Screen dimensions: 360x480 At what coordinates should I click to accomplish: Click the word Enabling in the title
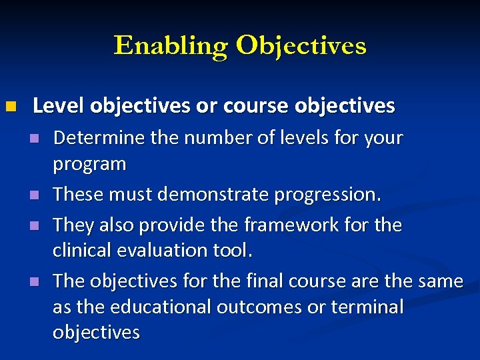pyautogui.click(x=171, y=45)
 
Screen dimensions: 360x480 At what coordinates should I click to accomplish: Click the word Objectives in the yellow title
pyautogui.click(x=301, y=45)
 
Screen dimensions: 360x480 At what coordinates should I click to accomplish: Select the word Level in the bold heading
pyautogui.click(x=58, y=105)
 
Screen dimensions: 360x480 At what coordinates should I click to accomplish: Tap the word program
pyautogui.click(x=89, y=164)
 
